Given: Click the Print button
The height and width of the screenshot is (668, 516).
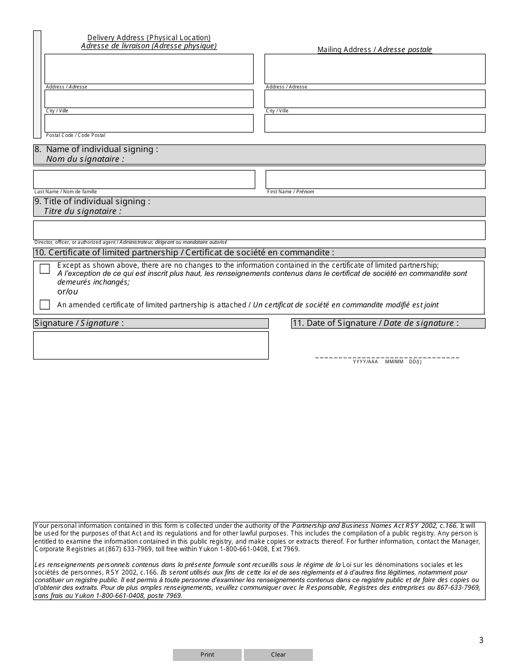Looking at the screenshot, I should point(207,654).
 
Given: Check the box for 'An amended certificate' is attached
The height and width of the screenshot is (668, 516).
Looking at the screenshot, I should point(45,305).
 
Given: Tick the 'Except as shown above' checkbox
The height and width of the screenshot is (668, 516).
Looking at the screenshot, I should point(45,269).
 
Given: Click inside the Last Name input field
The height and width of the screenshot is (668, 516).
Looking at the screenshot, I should point(144,179).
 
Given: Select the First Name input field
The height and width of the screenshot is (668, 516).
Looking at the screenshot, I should point(375,179).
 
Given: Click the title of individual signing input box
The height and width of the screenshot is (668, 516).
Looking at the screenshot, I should point(259,230).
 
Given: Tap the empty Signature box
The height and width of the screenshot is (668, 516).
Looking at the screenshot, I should point(150,345).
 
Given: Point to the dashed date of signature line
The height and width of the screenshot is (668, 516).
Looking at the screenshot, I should point(387,357).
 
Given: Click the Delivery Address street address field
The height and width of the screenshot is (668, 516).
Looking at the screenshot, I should point(149,69).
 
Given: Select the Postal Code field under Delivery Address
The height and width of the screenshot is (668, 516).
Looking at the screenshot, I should point(149,123).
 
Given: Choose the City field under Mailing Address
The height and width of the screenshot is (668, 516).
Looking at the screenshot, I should point(375,99).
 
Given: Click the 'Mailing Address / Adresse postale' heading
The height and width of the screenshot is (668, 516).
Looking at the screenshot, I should point(374,50).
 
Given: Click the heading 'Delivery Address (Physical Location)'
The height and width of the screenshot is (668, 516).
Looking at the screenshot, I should point(149,37).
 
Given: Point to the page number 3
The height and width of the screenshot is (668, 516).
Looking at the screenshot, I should point(481,640).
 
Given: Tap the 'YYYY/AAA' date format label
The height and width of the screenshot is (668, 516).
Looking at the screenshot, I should point(365,362).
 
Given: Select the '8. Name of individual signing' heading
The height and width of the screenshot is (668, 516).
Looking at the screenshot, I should point(102,149).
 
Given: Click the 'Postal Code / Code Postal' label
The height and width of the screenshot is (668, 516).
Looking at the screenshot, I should point(75,135).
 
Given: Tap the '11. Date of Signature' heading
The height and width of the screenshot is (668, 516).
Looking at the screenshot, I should point(375,323).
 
